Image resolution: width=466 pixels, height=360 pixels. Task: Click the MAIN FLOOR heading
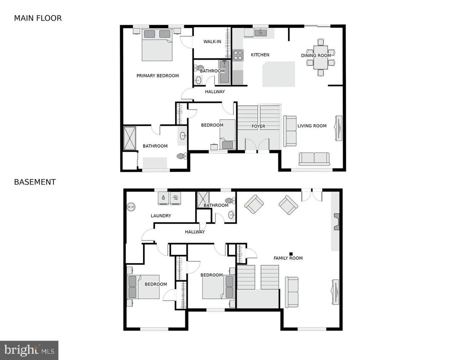(38, 18)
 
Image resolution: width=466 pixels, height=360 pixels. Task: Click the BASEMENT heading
(35, 182)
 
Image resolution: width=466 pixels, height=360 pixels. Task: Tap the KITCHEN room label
(260, 55)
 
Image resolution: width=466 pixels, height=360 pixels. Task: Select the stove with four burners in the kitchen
(238, 55)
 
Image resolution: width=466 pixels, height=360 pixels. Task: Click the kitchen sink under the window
(260, 33)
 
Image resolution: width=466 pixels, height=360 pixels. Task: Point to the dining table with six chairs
(320, 57)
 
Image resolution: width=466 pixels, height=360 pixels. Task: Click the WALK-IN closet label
(212, 42)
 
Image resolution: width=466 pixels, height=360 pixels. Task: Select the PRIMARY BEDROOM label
(157, 76)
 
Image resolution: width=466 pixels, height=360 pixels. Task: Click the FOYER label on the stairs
(258, 126)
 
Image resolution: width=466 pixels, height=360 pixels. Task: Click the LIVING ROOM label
(312, 126)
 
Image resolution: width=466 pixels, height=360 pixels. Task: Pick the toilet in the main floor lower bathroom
(181, 156)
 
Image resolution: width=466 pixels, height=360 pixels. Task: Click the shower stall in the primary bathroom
(130, 138)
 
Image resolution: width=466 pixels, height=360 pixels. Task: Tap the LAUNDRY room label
(161, 216)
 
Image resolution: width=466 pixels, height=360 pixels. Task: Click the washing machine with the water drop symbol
(163, 198)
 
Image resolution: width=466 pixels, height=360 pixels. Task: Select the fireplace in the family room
(336, 222)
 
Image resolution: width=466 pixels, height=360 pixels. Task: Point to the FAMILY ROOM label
(288, 258)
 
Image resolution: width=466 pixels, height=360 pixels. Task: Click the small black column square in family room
(291, 254)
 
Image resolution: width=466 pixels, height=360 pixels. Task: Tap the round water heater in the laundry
(131, 207)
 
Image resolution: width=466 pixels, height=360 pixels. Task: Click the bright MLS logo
(29, 350)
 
